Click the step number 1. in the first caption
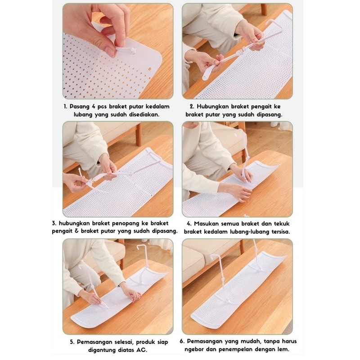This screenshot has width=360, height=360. point(65,107)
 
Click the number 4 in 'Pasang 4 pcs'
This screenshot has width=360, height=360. point(94,107)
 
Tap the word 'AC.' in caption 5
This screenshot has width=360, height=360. point(142,350)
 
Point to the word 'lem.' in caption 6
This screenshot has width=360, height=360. point(283,350)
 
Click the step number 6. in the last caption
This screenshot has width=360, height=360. point(182,342)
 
